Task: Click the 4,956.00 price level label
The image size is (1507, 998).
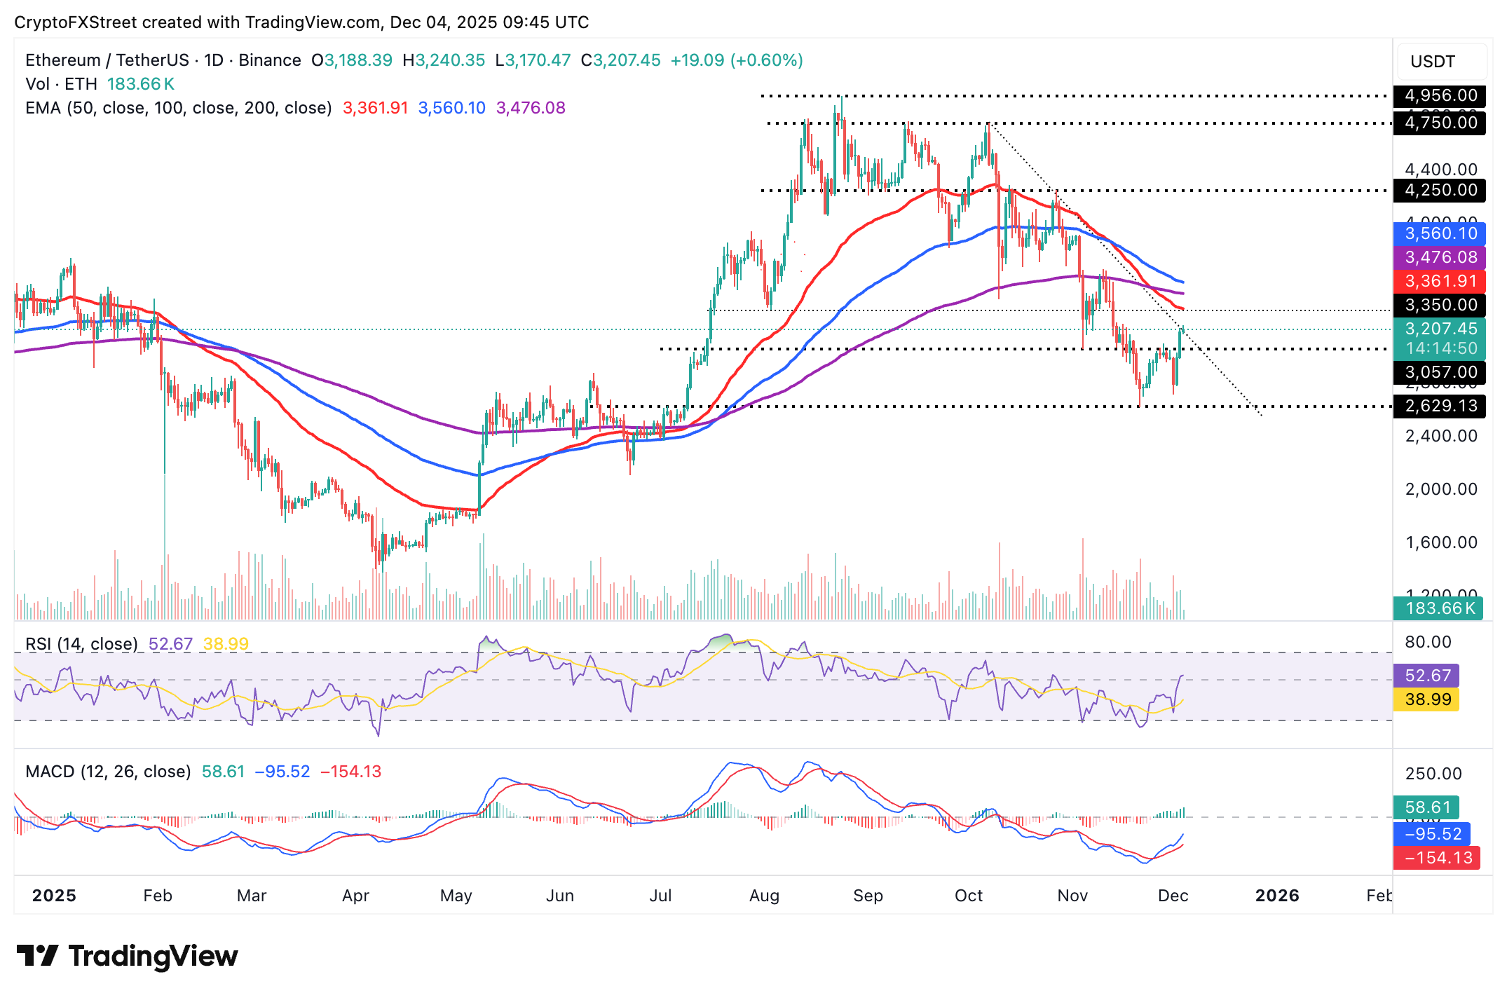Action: tap(1440, 95)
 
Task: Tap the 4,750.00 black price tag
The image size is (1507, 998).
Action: tap(1440, 123)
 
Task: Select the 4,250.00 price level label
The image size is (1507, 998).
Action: tap(1440, 190)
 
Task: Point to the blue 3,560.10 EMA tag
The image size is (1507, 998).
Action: tap(1440, 233)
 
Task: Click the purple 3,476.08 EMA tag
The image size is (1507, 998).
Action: tap(1440, 257)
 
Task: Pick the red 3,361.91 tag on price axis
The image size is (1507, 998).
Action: tap(1440, 281)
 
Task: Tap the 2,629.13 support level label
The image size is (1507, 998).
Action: tap(1440, 406)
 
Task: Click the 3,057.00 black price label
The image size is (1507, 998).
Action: tap(1440, 372)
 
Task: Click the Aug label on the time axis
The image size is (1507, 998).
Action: tap(764, 896)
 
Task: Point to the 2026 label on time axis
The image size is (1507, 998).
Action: tap(1277, 896)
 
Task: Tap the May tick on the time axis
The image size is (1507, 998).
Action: tap(456, 896)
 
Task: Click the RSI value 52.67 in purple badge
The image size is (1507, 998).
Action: tap(1427, 676)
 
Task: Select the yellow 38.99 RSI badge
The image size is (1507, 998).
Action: tap(1427, 699)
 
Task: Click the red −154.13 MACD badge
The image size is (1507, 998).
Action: tap(1437, 858)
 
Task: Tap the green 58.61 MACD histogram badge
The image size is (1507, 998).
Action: tap(1427, 807)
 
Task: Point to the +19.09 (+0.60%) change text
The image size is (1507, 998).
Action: tap(736, 60)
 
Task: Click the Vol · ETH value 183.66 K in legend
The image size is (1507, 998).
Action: tap(140, 84)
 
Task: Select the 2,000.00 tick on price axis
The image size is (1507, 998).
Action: tap(1440, 489)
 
